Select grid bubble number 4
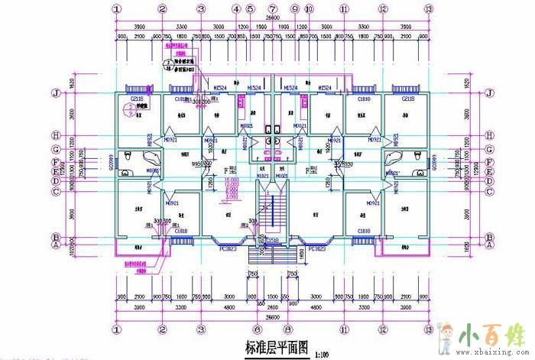[237, 9]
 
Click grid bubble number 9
[294, 9]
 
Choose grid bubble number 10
[309, 9]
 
